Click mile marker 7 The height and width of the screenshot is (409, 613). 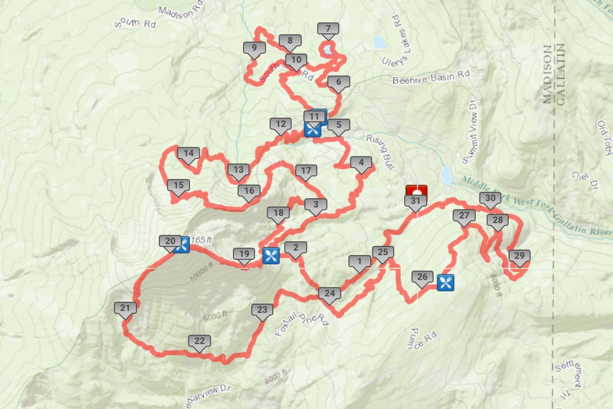point(328,29)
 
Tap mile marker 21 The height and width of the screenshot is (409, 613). point(125,308)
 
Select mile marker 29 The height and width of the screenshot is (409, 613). point(520,257)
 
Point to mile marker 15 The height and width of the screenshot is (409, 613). point(178,186)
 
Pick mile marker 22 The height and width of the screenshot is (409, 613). point(199,342)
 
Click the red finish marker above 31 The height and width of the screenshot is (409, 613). point(416,190)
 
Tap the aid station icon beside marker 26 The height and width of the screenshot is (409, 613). point(445,282)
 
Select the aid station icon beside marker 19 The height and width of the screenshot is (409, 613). point(271,255)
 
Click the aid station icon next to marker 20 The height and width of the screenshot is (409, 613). point(182,244)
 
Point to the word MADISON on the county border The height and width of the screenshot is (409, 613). point(547,75)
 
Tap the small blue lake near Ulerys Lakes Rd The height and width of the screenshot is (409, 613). point(380,41)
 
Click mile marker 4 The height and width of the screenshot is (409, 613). point(361,164)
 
